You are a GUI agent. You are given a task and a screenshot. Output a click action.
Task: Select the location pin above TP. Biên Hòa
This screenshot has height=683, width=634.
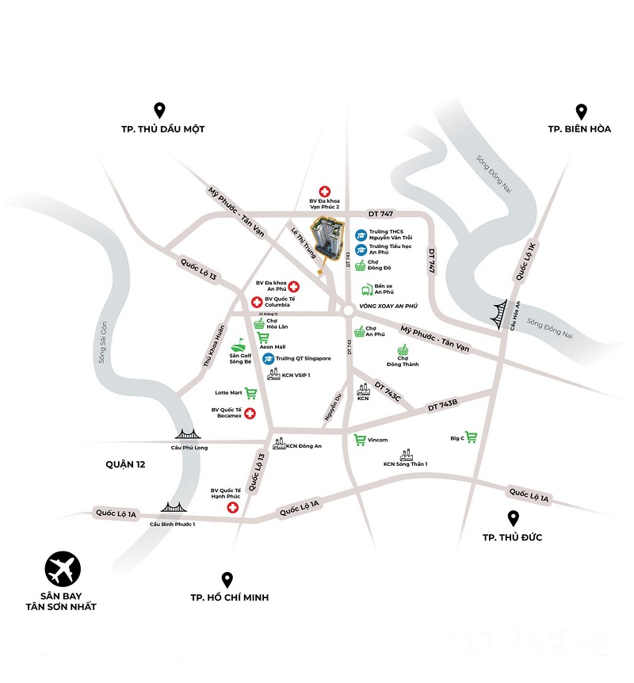(x=580, y=111)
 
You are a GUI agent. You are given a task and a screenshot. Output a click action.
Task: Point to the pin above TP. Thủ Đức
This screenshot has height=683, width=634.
(x=514, y=519)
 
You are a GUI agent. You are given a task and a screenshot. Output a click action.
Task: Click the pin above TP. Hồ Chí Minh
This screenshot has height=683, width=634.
(x=227, y=580)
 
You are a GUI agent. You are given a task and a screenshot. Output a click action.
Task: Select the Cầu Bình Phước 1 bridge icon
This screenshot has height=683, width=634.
(x=171, y=508)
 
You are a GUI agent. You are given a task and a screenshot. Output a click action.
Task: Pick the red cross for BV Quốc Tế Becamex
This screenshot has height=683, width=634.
(x=250, y=414)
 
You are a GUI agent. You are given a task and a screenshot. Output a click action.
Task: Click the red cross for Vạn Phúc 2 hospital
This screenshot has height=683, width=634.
(x=324, y=191)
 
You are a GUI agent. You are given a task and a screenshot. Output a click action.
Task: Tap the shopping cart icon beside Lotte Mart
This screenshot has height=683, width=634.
(x=250, y=392)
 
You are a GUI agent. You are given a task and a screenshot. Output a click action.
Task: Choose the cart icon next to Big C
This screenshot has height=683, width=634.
(x=472, y=437)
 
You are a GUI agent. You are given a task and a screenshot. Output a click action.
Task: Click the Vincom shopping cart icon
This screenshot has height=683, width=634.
(x=359, y=440)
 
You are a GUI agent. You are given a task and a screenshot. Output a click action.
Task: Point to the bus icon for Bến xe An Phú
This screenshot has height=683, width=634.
(x=367, y=290)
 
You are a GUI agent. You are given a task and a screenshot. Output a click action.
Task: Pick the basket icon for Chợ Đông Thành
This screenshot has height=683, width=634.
(x=403, y=351)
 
